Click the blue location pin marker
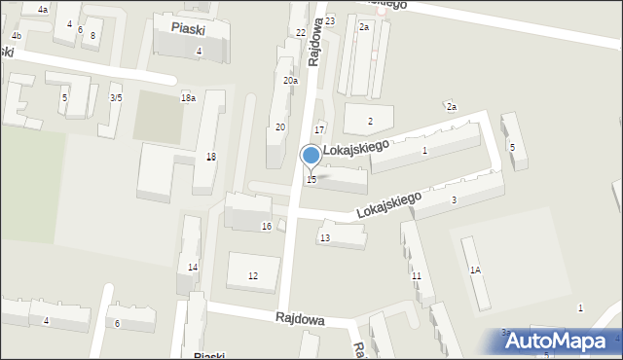pyautogui.click(x=311, y=156)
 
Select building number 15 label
pyautogui.click(x=311, y=180)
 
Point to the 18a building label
pyautogui.click(x=188, y=98)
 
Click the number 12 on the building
pyautogui.click(x=253, y=276)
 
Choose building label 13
pyautogui.click(x=325, y=238)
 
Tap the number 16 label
pyautogui.click(x=267, y=227)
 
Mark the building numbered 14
pyautogui.click(x=193, y=268)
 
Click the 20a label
pyautogui.click(x=290, y=81)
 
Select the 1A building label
pyautogui.click(x=475, y=270)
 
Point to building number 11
pyautogui.click(x=416, y=277)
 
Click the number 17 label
pyautogui.click(x=318, y=130)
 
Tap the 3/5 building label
pyautogui.click(x=116, y=98)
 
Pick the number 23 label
pyautogui.click(x=330, y=21)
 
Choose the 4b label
pyautogui.click(x=16, y=36)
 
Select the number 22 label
pyautogui.click(x=301, y=33)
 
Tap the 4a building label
pyautogui.click(x=43, y=10)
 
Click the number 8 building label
pyautogui.click(x=92, y=36)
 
